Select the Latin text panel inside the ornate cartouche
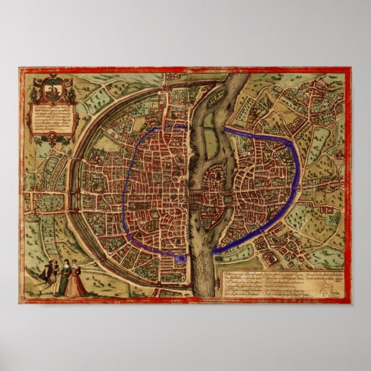coord(52,118)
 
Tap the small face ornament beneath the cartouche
coord(52,137)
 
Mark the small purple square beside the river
coord(181,260)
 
